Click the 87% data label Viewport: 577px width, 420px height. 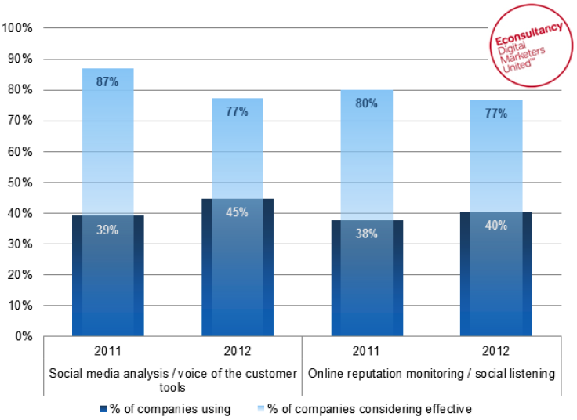click(108, 82)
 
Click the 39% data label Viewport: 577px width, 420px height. click(108, 230)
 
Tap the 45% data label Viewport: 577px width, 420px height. click(238, 212)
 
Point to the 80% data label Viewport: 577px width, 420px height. click(366, 103)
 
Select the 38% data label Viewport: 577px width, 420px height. click(366, 233)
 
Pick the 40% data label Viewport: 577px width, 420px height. click(495, 226)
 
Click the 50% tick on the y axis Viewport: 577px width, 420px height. click(20, 183)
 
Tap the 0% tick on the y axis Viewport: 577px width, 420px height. click(24, 337)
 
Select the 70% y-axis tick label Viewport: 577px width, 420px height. click(20, 121)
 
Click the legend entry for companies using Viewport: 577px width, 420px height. click(165, 408)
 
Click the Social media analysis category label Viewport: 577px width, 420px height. click(173, 380)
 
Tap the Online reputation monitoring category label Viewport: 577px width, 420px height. click(431, 374)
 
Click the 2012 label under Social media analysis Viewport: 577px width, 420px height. click(238, 350)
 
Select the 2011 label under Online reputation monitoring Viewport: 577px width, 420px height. click(366, 350)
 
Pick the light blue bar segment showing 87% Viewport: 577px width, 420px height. click(108, 141)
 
